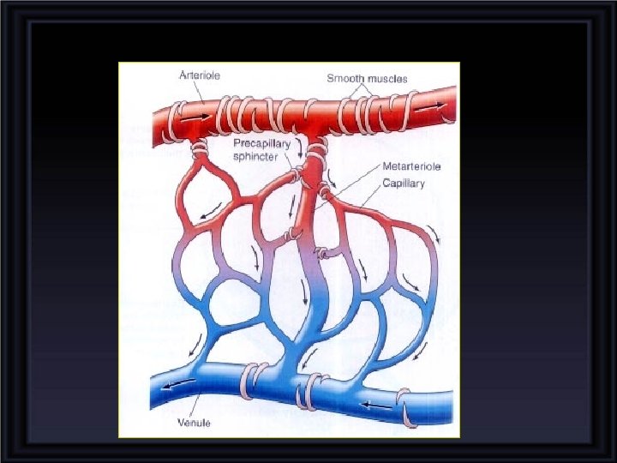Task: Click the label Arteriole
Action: pyautogui.click(x=199, y=75)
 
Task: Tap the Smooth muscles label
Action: pyautogui.click(x=367, y=79)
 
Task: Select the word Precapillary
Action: pyautogui.click(x=261, y=144)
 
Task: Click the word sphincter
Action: pyautogui.click(x=256, y=157)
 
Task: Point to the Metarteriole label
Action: pyautogui.click(x=412, y=167)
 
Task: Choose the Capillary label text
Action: pyautogui.click(x=404, y=182)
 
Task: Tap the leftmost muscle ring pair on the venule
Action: pyautogui.click(x=255, y=376)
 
